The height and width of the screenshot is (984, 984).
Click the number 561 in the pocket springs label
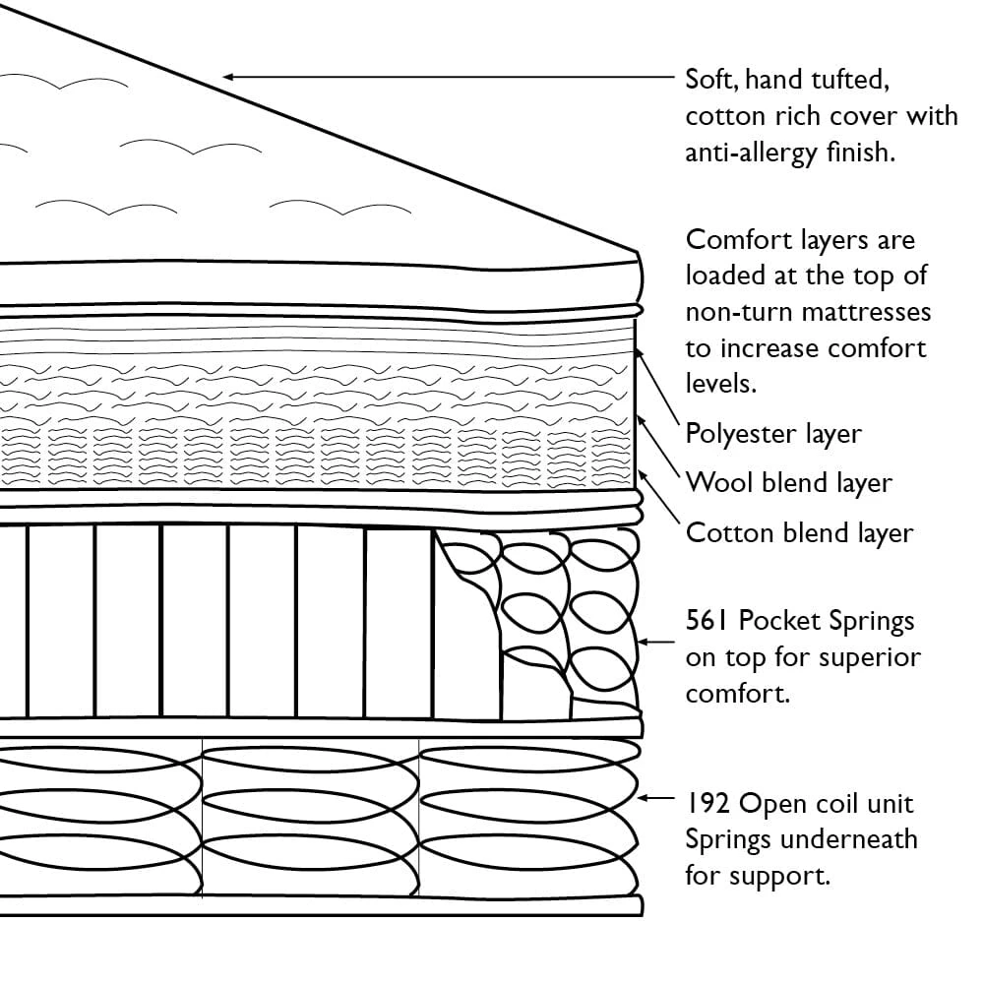tap(707, 621)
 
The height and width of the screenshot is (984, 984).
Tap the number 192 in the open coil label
tap(707, 804)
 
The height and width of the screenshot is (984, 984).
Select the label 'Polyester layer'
tap(773, 434)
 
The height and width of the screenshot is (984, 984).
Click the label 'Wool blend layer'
tap(788, 483)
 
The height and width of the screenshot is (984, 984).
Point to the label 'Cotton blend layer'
tap(799, 533)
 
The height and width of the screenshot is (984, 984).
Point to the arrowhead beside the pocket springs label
tap(645, 641)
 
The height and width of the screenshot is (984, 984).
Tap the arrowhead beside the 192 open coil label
tap(645, 798)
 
